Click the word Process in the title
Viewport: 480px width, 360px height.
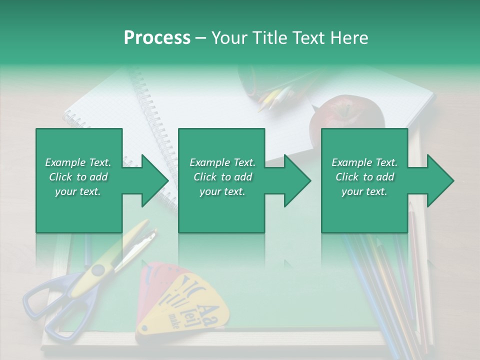[x=157, y=38]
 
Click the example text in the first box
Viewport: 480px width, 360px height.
[x=78, y=177]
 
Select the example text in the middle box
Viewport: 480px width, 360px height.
[x=222, y=177]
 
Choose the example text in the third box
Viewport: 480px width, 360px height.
[x=364, y=177]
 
